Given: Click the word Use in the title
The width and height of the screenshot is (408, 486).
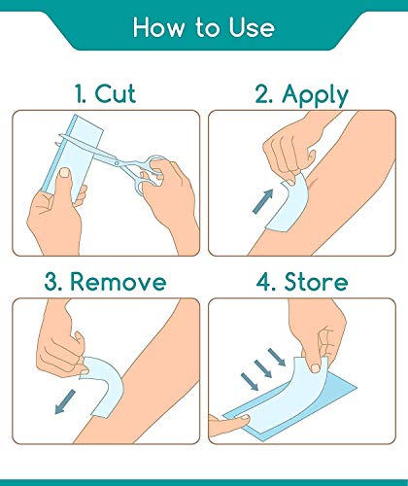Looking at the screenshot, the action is point(252,27).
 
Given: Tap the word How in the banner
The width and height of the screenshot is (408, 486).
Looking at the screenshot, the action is point(158,27).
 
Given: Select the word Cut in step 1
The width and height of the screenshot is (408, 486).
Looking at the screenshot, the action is point(116,93).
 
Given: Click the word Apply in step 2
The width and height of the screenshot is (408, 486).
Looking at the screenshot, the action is point(315,95).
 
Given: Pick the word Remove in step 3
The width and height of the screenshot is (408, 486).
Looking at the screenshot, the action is point(119,282).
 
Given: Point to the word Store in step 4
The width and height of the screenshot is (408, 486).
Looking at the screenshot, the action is point(316,282).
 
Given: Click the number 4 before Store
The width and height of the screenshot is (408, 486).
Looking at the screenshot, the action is point(264,282).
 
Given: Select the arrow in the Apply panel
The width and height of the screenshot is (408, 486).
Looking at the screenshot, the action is point(263,201).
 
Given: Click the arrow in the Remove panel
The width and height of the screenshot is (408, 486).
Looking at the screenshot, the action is point(65,401).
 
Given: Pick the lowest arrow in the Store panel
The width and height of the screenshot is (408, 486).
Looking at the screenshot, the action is point(250,381).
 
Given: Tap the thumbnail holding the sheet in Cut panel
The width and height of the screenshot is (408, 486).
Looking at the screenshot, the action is point(65,173).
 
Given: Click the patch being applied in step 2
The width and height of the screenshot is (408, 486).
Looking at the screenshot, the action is point(288,204).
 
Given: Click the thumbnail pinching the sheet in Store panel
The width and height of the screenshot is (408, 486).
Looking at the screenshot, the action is point(315,367).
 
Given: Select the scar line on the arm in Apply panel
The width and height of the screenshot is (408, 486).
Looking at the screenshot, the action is point(311,184).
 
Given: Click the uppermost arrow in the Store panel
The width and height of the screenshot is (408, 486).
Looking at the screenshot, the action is point(277,357).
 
